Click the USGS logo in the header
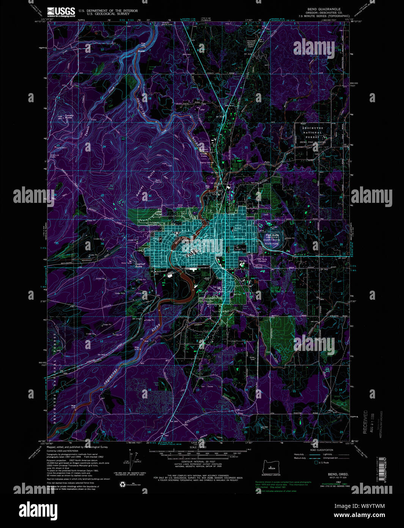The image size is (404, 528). [61, 13]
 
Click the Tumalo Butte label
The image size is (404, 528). [68, 116]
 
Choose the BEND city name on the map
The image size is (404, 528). [207, 242]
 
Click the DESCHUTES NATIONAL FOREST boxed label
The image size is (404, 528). [313, 133]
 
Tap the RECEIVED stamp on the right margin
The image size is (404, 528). [365, 422]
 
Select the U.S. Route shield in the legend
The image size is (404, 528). [316, 462]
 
